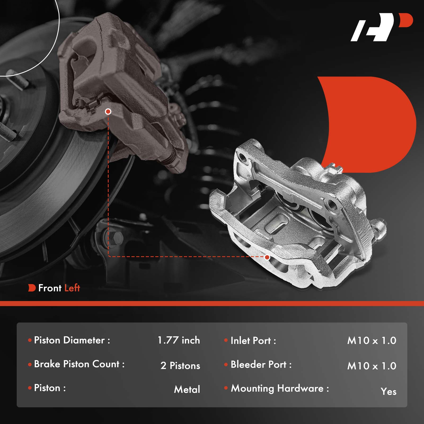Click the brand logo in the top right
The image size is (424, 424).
pos(382,27)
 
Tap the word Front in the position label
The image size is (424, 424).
pos(50,288)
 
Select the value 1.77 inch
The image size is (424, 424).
pos(179,340)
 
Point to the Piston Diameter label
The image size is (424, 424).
pos(72,340)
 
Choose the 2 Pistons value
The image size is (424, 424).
pos(180,366)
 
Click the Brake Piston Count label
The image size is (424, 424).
pos(79,364)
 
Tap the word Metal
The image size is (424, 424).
pos(187,390)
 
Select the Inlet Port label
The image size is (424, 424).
pos(253,341)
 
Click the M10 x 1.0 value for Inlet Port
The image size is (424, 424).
pos(372,341)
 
